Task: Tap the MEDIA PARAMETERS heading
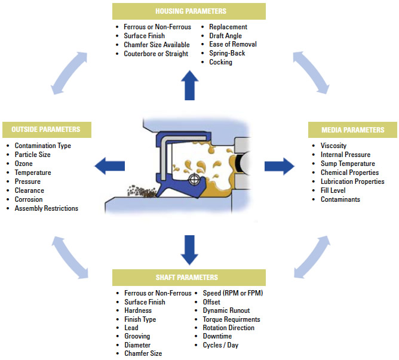coord(352,130)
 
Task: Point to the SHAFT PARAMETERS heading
coord(189,277)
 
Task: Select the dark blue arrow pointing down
coord(189,249)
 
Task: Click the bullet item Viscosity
coord(333,146)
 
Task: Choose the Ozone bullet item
coord(23,164)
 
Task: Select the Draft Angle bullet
coord(225,36)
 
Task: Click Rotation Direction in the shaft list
coord(228,328)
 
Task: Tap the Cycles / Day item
coord(222,345)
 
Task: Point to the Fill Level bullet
coord(334,190)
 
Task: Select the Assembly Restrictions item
coord(46,208)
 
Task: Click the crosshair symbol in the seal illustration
coord(194,180)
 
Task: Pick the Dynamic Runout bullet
coord(226,310)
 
